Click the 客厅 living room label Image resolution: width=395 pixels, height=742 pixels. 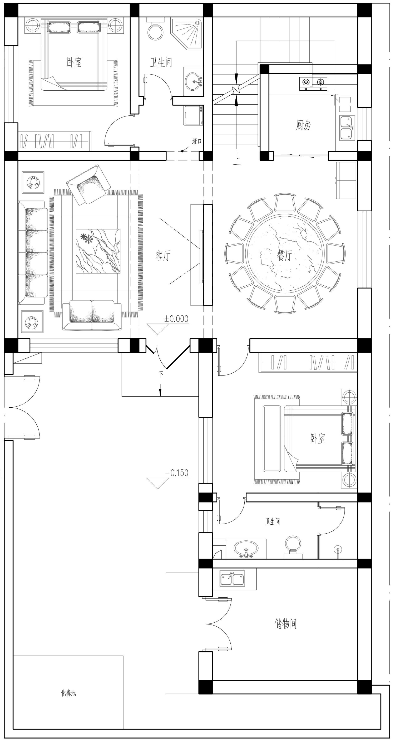point(163,256)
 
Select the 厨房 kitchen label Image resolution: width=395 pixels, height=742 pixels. point(303,125)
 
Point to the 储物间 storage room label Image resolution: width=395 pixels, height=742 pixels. point(286,624)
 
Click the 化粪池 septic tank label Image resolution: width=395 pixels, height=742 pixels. point(68,693)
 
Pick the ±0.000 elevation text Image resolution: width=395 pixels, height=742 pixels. point(176,319)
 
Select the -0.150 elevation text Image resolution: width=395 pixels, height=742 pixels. point(177,473)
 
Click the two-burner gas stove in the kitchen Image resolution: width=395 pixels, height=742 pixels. point(313,83)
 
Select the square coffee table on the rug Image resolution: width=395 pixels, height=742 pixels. point(98,251)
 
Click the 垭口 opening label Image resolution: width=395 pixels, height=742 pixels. point(197,141)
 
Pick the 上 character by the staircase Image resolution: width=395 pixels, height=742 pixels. point(237,160)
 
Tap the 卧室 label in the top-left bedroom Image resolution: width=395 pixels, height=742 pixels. point(74,62)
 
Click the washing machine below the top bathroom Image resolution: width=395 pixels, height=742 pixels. point(194,115)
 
